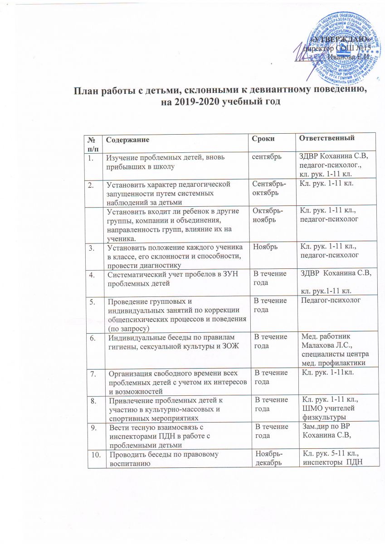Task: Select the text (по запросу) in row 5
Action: point(126,323)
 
